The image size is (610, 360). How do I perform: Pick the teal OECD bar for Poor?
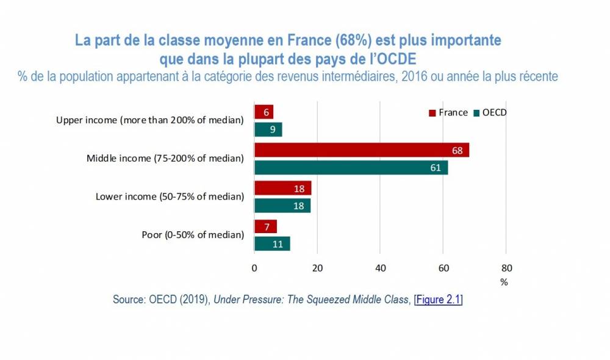point(271,243)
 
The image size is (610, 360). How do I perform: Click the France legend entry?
point(449,112)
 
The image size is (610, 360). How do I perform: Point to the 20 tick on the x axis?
point(317,267)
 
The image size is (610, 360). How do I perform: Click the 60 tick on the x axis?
point(443,267)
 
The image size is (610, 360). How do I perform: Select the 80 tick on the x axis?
point(506,267)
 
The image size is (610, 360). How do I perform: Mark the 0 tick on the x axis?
point(254,267)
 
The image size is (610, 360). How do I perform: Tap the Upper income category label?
point(149,120)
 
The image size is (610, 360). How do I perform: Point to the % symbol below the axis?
point(504,282)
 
